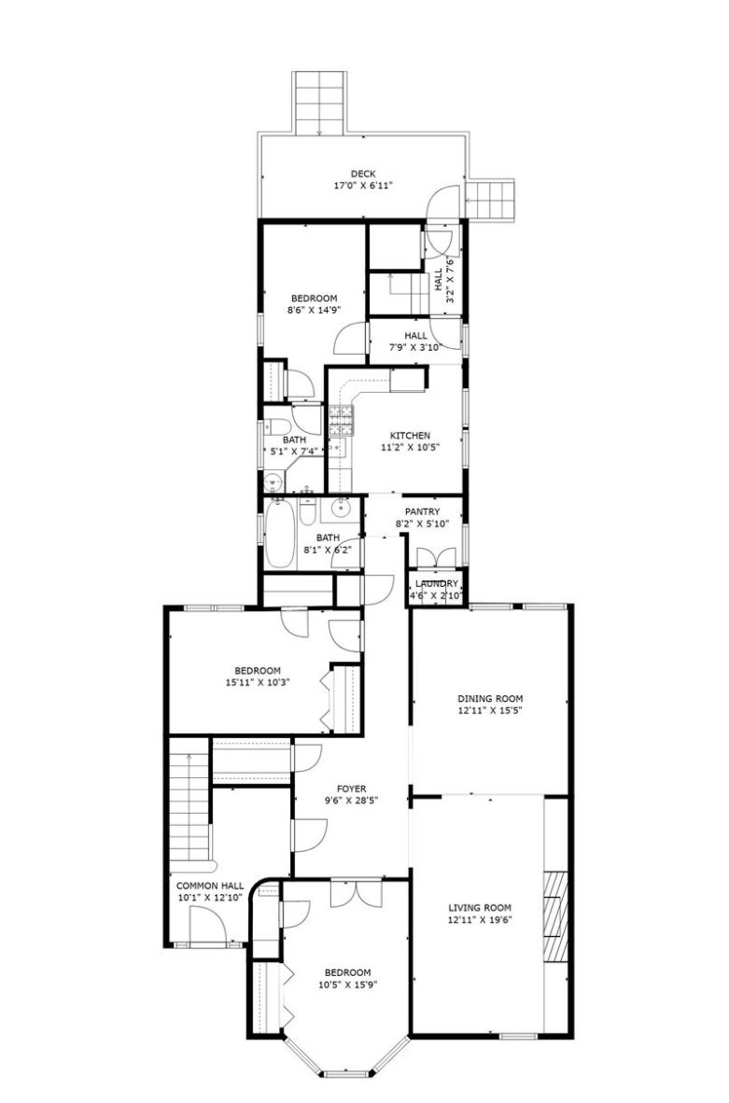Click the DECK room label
[x=363, y=174]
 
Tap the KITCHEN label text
[x=411, y=436]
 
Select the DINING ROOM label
[x=490, y=699]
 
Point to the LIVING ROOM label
[x=480, y=908]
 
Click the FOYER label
[x=351, y=789]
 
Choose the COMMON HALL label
[x=210, y=886]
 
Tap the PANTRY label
[x=422, y=512]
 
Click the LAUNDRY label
[x=437, y=584]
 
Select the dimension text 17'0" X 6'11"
[x=363, y=186]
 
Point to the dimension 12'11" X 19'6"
[x=480, y=919]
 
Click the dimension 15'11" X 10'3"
[x=258, y=681]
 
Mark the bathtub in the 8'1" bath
[x=279, y=533]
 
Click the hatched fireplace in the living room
[x=556, y=916]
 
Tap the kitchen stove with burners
[x=343, y=420]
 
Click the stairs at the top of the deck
[x=320, y=103]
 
